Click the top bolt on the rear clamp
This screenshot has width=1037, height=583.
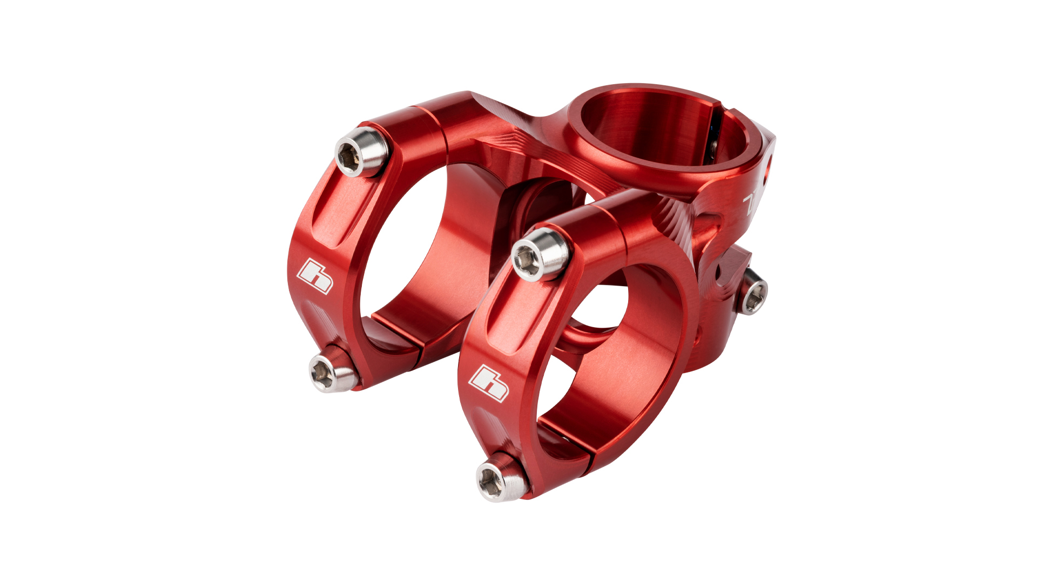click(x=361, y=152)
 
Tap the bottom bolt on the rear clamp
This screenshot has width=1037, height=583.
click(x=332, y=371)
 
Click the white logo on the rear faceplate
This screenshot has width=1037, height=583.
click(x=315, y=276)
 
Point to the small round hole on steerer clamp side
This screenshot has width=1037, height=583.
click(x=769, y=161)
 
